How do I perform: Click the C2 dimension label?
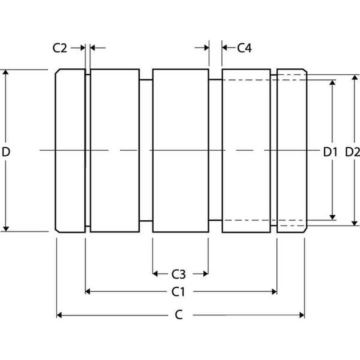60,48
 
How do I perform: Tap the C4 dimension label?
244,48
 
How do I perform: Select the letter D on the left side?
6,151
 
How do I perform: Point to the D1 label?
330,151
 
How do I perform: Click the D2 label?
352,151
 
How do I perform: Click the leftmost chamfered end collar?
70,151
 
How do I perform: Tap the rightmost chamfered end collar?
291,151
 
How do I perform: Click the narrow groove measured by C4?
215,151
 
